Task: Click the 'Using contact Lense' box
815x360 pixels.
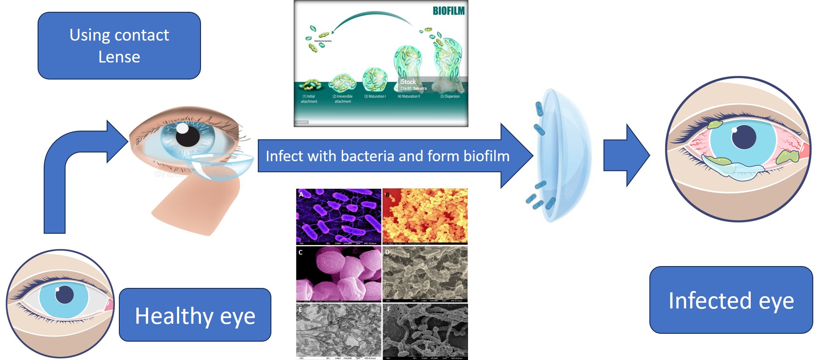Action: click(x=119, y=45)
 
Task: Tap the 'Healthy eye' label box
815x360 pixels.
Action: click(x=195, y=315)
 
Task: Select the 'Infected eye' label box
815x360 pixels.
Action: click(x=731, y=300)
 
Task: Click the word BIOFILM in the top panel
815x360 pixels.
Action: click(x=448, y=10)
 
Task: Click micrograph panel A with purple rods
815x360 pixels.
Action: click(x=339, y=216)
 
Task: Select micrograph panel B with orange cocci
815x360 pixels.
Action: click(x=425, y=216)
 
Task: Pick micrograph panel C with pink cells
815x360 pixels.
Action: click(x=339, y=273)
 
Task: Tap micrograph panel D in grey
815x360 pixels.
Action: click(x=425, y=273)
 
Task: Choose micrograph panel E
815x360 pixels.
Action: click(x=339, y=331)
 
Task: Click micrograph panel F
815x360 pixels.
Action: click(x=425, y=331)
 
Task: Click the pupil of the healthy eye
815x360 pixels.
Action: click(x=65, y=294)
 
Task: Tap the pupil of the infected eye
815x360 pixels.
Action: click(x=743, y=137)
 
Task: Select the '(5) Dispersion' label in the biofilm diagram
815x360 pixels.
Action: click(x=450, y=97)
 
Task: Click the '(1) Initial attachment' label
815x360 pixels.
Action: click(x=309, y=99)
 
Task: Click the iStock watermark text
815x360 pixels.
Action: click(x=408, y=82)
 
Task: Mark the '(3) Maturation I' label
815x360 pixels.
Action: click(x=375, y=97)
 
